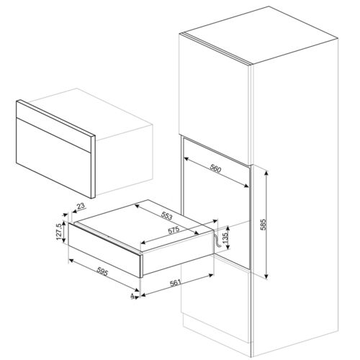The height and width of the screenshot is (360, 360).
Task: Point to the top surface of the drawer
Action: [144, 220]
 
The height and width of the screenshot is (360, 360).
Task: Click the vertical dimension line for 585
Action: [268, 224]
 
